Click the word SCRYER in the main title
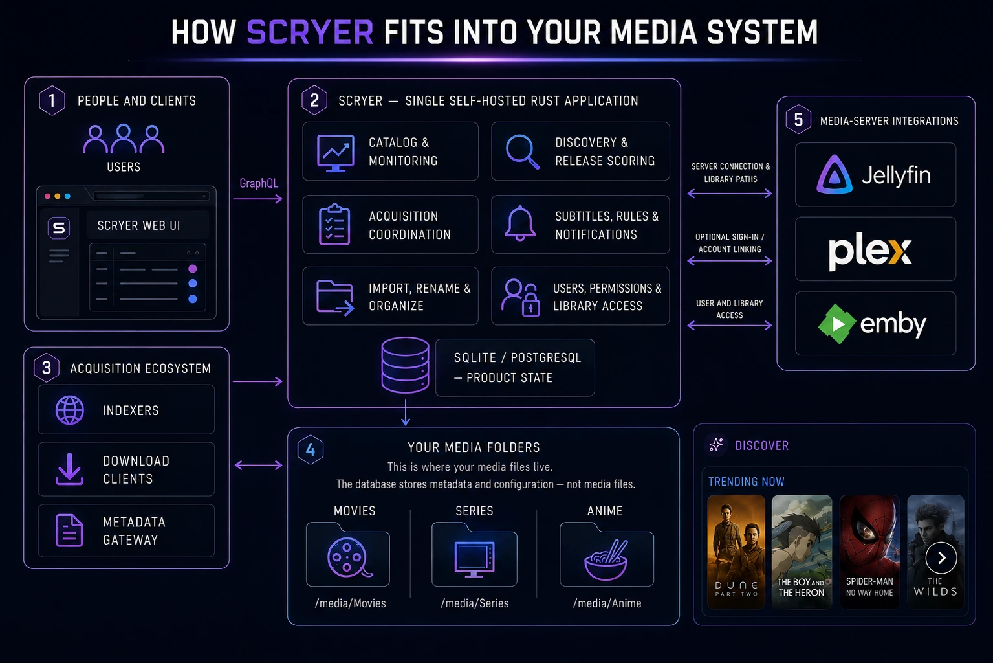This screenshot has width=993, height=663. coord(310,32)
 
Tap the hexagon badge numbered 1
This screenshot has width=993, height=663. coord(52,101)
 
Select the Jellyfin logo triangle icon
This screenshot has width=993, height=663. coord(835,174)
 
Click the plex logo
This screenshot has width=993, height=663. coord(869,251)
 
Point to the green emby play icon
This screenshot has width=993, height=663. coord(836,324)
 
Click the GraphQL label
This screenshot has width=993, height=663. coord(259,183)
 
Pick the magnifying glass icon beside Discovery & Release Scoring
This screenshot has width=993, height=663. coord(523,152)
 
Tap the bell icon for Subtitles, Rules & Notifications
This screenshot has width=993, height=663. coord(520,223)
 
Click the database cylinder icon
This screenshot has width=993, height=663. coord(405,365)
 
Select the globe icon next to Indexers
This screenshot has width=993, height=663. coord(70,410)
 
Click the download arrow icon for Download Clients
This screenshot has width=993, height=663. coord(69,469)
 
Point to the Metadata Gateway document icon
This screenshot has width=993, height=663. coord(69,530)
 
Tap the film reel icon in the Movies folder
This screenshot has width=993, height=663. coord(349,557)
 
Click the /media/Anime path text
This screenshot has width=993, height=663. coord(607,603)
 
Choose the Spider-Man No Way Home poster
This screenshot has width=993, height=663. coord(869,551)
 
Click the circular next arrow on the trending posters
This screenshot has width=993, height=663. coord(941,558)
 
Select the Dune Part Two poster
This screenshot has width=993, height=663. coord(736,551)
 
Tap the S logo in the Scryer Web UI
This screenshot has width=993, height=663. coord(58,228)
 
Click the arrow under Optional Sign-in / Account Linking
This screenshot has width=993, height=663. coord(730,261)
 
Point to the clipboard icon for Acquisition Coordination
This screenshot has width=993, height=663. coord(334,225)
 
